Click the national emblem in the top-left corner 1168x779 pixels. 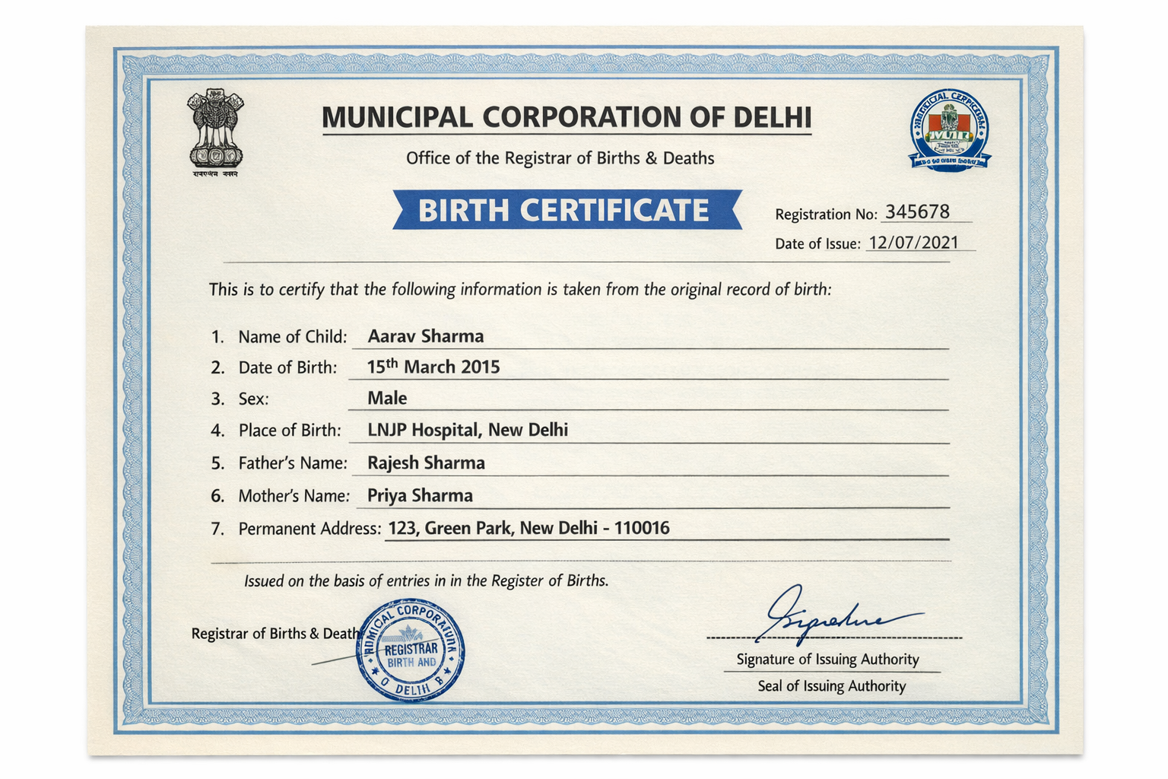[x=216, y=131]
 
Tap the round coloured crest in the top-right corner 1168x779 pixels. [x=950, y=130]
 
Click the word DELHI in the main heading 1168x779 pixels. [x=773, y=118]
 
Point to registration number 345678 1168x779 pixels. [x=917, y=212]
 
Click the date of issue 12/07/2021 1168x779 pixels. [x=913, y=243]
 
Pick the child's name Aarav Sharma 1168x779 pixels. [x=426, y=336]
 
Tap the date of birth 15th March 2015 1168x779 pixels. [x=433, y=367]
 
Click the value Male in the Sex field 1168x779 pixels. [x=387, y=399]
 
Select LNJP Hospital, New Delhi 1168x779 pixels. [x=468, y=430]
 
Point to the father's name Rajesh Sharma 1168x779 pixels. [x=426, y=463]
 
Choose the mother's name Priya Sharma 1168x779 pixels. [x=420, y=495]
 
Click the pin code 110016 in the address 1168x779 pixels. [x=642, y=528]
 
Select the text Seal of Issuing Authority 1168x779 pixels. [x=832, y=686]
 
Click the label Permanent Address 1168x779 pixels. [x=309, y=529]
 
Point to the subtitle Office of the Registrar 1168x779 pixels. [x=560, y=158]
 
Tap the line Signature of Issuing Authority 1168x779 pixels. [x=827, y=660]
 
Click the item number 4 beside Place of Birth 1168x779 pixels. [x=217, y=431]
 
